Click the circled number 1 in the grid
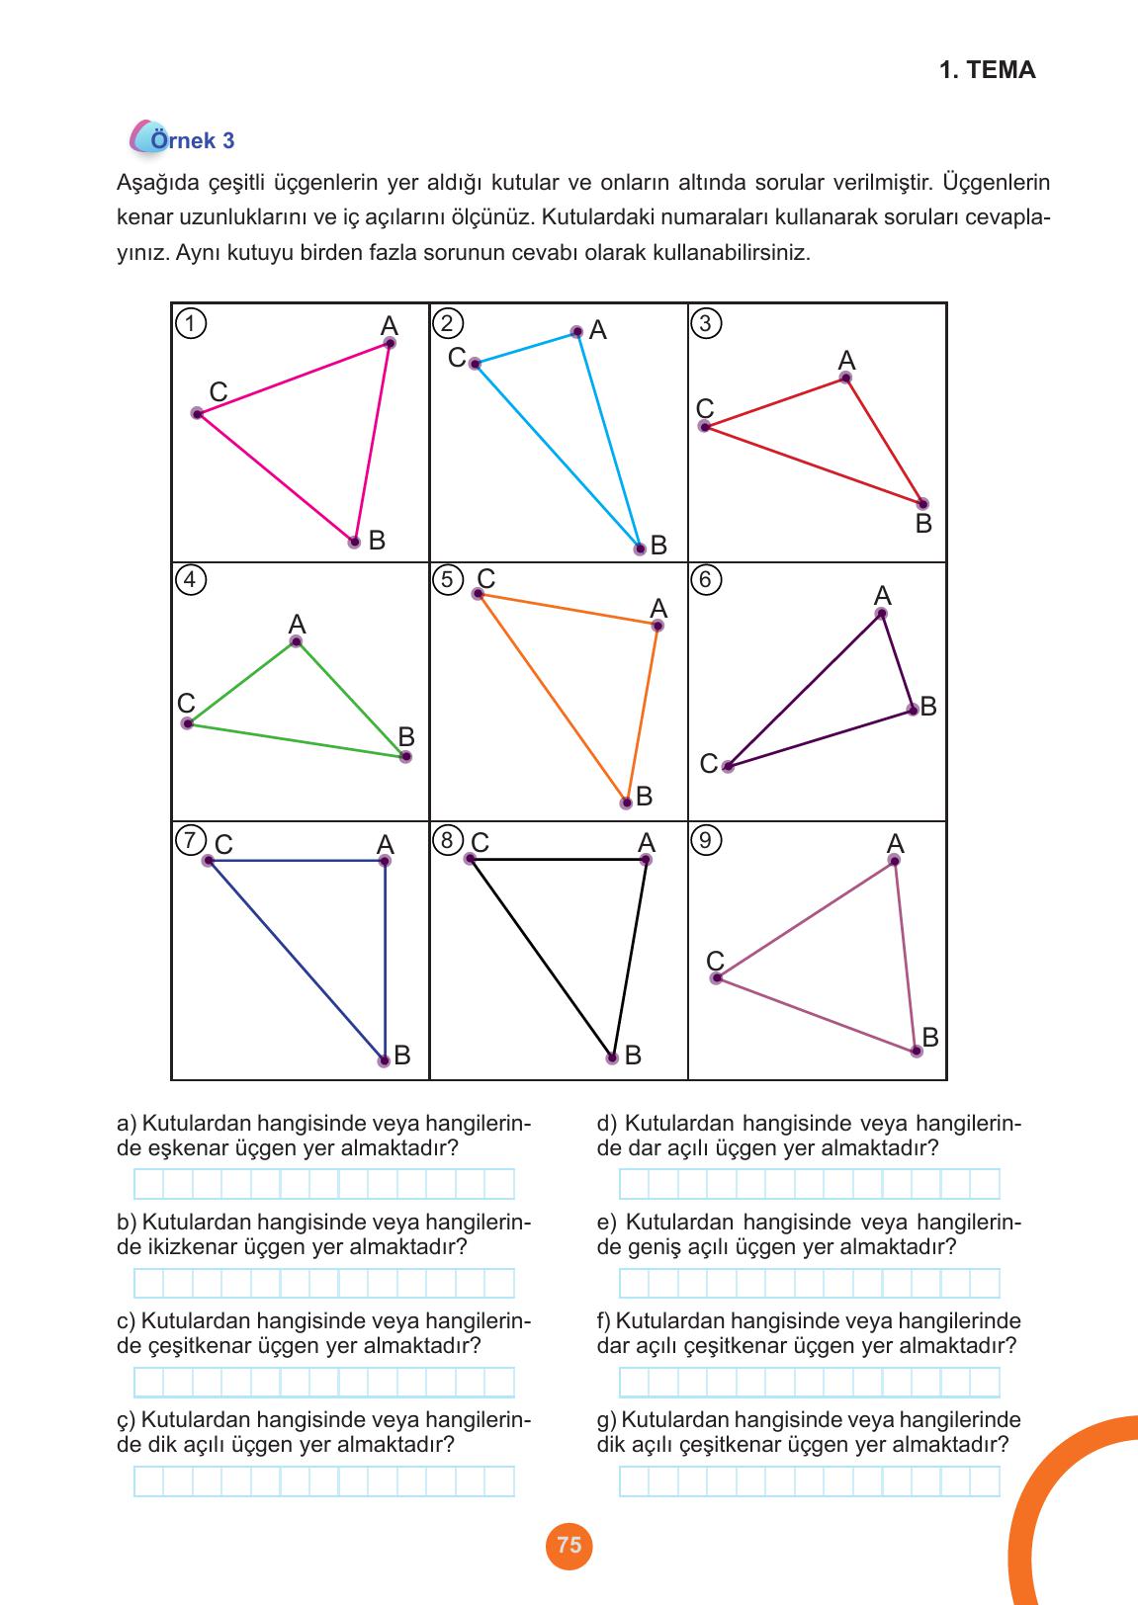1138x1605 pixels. pos(190,323)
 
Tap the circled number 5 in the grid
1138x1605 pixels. pos(447,579)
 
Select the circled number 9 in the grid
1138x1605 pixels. pos(705,840)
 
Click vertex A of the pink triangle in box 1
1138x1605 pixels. pos(390,343)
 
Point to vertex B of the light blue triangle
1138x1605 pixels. pos(640,549)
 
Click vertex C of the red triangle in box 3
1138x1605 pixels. pos(705,426)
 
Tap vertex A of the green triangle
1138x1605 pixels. pos(296,642)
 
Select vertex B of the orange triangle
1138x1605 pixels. pos(626,802)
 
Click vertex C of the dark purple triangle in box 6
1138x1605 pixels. pos(728,766)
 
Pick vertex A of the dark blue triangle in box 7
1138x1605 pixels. pos(385,861)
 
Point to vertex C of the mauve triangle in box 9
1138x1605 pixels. pos(716,978)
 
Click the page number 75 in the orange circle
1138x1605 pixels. pos(569,1545)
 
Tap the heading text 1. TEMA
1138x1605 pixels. pos(987,70)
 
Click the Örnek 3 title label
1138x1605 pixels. pos(192,140)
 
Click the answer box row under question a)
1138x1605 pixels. pos(324,1184)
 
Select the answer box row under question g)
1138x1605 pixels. pos(809,1480)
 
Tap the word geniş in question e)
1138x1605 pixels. pos(655,1247)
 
